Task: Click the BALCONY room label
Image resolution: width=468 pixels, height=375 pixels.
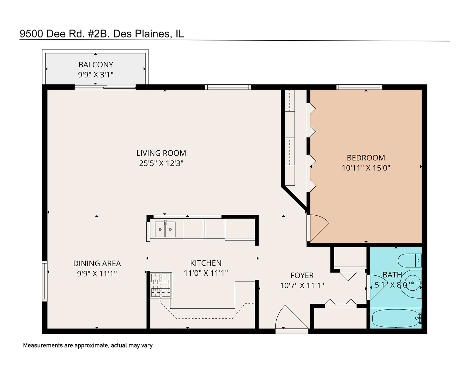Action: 96,65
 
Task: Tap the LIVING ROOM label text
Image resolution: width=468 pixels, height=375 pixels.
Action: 161,153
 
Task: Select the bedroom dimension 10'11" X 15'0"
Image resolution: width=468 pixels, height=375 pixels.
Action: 366,168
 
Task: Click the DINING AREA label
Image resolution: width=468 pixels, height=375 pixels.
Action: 97,264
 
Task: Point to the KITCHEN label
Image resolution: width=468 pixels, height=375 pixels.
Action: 206,263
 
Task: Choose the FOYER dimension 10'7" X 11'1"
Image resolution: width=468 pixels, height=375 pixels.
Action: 302,285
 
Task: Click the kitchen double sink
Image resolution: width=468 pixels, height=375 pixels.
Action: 165,229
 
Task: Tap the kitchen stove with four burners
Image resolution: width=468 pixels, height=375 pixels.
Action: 161,285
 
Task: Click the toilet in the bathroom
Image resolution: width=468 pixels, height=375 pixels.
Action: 409,260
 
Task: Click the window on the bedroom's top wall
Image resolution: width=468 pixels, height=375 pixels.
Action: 359,87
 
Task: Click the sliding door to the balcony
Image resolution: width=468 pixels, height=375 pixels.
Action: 105,87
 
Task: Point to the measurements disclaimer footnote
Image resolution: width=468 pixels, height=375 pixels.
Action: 88,345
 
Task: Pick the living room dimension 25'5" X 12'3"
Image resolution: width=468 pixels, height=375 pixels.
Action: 161,163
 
